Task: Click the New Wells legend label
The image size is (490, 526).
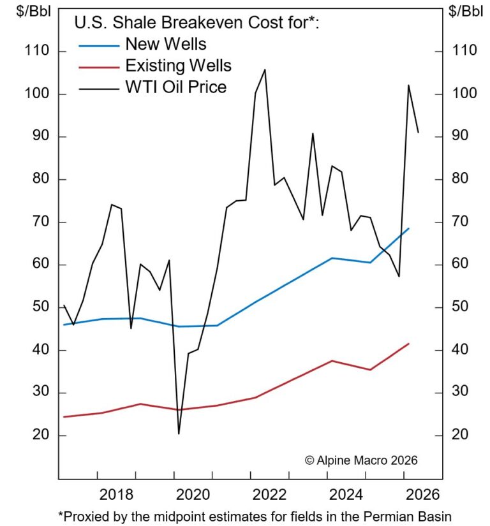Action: pyautogui.click(x=166, y=45)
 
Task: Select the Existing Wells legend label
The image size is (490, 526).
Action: pyautogui.click(x=179, y=66)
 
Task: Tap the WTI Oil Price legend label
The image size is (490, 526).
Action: pyautogui.click(x=176, y=87)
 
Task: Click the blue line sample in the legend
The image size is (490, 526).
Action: pyautogui.click(x=99, y=45)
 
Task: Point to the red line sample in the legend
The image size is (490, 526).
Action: pyautogui.click(x=99, y=66)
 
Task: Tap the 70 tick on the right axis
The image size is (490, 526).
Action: pyautogui.click(x=461, y=222)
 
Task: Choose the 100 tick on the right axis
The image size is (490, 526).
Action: pyautogui.click(x=463, y=94)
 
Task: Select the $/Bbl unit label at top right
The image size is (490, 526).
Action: pyautogui.click(x=466, y=11)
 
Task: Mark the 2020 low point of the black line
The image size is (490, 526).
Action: pyautogui.click(x=179, y=434)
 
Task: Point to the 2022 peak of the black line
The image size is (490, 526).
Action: pyautogui.click(x=265, y=69)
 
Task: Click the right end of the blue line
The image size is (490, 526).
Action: pyautogui.click(x=408, y=228)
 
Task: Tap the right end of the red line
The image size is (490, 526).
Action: pyautogui.click(x=408, y=344)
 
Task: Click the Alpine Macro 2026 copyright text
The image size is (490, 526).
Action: pyautogui.click(x=361, y=460)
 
